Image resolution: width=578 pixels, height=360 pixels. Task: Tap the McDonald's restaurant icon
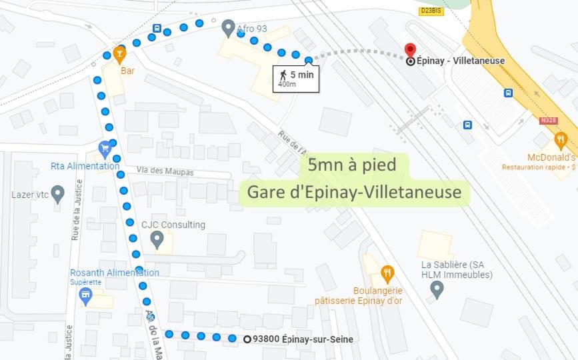[x=560, y=141]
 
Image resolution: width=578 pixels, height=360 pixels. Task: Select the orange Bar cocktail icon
[x=119, y=53]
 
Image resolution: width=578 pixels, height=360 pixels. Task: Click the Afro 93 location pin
[x=228, y=27]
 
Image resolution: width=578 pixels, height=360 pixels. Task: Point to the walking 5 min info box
[x=296, y=78]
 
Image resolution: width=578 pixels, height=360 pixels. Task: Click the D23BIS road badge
[x=431, y=11]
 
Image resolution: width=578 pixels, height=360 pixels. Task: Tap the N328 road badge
[x=548, y=121]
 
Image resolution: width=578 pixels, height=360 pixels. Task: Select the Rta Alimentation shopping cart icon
[x=104, y=148]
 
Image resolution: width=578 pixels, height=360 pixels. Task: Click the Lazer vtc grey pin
[x=57, y=194]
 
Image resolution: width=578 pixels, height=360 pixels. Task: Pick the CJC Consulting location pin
[x=157, y=239]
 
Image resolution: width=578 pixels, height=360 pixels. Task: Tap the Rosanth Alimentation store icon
[x=85, y=295]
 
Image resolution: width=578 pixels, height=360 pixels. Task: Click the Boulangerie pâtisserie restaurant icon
[x=387, y=273]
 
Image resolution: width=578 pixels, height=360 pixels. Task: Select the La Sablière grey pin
[x=437, y=289]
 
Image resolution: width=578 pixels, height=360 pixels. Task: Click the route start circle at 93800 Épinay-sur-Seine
[x=247, y=339]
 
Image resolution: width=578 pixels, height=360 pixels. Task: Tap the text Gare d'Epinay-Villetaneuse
[x=354, y=192]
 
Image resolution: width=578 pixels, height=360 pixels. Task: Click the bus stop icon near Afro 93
[x=157, y=29]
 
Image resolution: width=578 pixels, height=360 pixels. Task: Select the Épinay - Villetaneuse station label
[x=460, y=61]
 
